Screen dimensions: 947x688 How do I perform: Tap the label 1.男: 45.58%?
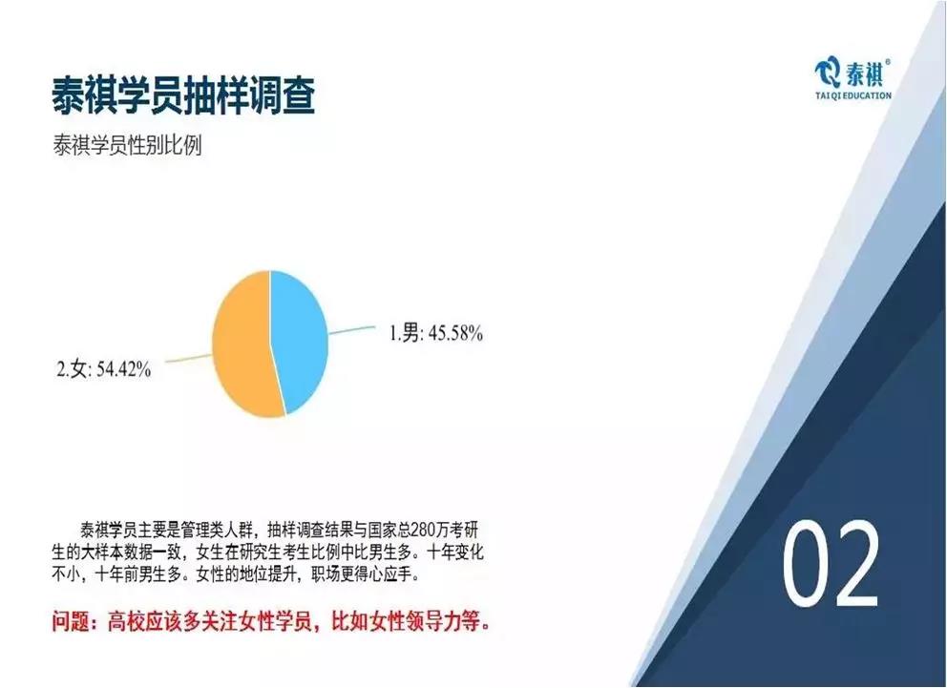point(435,332)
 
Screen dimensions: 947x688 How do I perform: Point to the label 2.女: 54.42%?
point(103,368)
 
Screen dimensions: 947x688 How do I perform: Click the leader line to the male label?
point(351,330)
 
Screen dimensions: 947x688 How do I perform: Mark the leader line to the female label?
point(188,358)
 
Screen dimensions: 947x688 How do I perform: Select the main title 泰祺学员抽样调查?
point(183,95)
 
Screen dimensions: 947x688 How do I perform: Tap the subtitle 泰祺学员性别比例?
point(127,145)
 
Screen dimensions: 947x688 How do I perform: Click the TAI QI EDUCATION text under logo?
point(852,95)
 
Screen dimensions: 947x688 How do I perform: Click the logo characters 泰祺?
point(864,74)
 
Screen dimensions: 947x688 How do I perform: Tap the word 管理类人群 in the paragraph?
point(218,531)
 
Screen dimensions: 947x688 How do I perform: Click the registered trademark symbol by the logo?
point(887,62)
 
